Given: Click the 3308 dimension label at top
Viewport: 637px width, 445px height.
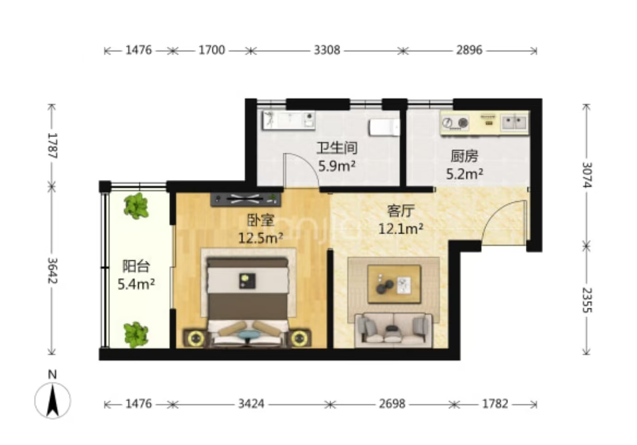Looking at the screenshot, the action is pyautogui.click(x=327, y=50).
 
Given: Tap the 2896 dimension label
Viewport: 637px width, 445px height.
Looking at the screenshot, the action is pyautogui.click(x=469, y=50).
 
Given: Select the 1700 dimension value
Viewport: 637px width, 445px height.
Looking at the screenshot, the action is pyautogui.click(x=212, y=50).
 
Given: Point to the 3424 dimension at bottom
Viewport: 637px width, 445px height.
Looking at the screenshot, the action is pyautogui.click(x=251, y=404).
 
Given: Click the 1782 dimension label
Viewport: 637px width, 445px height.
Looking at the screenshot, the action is pyautogui.click(x=495, y=404).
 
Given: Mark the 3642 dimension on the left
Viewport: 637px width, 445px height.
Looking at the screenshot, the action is pyautogui.click(x=52, y=271).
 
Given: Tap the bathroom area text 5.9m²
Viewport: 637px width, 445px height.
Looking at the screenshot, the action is pyautogui.click(x=337, y=167).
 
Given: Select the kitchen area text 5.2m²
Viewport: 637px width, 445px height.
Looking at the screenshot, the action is pyautogui.click(x=464, y=174).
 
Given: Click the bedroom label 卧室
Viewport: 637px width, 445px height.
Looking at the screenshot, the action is pyautogui.click(x=261, y=220).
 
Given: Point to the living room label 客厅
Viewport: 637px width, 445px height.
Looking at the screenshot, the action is pyautogui.click(x=401, y=211).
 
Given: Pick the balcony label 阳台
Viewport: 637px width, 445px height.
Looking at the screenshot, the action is pyautogui.click(x=136, y=266).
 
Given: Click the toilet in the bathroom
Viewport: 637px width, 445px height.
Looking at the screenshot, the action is pyautogui.click(x=385, y=127).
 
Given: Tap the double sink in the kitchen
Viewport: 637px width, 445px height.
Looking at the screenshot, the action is pyautogui.click(x=514, y=122).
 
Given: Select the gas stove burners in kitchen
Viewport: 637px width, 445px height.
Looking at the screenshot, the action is pyautogui.click(x=455, y=123).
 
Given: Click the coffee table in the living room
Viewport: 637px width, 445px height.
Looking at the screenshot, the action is pyautogui.click(x=394, y=284).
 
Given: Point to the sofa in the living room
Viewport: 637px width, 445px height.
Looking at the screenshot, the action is pyautogui.click(x=394, y=330).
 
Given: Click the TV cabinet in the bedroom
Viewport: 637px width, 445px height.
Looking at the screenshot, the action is pyautogui.click(x=246, y=199).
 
